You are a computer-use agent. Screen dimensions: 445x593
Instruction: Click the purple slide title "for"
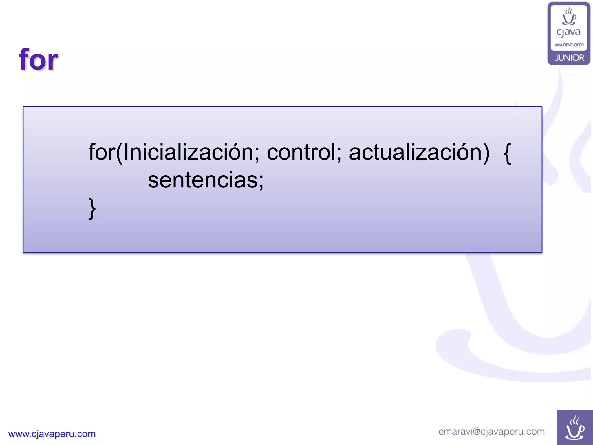click(x=39, y=60)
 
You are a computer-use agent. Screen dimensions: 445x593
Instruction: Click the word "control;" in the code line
click(x=304, y=152)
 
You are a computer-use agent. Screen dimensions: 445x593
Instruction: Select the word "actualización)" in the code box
click(x=419, y=152)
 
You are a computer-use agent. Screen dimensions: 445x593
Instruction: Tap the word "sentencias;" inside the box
click(x=206, y=180)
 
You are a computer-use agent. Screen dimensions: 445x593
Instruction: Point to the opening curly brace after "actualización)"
click(x=507, y=154)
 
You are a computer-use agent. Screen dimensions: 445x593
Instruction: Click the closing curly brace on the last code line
click(x=92, y=209)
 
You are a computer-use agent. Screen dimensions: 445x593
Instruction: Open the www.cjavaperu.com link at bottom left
click(x=52, y=434)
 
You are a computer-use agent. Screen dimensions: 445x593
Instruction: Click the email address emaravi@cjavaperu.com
click(x=491, y=431)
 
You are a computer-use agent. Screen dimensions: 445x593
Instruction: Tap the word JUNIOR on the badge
click(x=569, y=58)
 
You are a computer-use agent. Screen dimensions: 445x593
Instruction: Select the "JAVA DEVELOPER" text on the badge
click(x=569, y=45)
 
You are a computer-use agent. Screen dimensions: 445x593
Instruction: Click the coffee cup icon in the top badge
click(x=569, y=17)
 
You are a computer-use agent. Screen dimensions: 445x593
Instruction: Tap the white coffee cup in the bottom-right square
click(x=575, y=428)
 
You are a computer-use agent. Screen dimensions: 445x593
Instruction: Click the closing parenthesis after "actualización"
click(x=486, y=153)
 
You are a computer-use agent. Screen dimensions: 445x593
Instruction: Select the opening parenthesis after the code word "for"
click(x=119, y=153)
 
